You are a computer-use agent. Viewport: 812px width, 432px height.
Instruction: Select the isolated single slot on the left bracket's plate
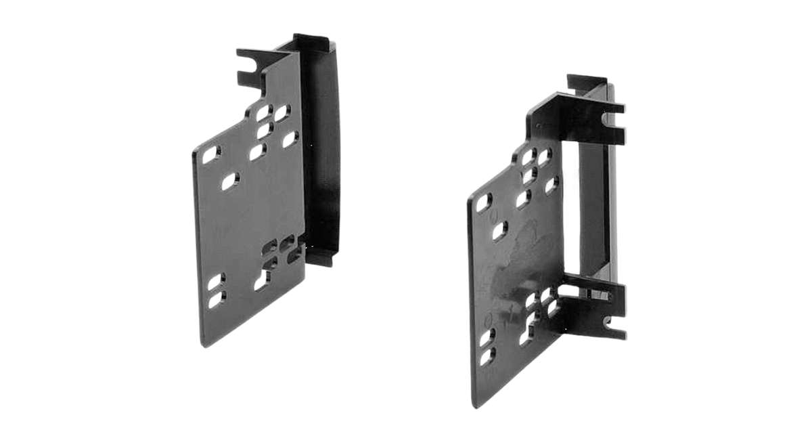229,181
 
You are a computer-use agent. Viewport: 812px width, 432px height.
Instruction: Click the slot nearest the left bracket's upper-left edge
211,155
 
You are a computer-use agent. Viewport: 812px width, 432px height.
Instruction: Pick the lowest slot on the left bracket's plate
216,300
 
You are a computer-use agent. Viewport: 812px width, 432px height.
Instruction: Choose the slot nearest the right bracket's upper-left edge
484,202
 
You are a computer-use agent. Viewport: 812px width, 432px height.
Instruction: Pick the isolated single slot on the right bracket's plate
499,231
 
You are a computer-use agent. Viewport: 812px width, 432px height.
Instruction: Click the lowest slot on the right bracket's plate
487,358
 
